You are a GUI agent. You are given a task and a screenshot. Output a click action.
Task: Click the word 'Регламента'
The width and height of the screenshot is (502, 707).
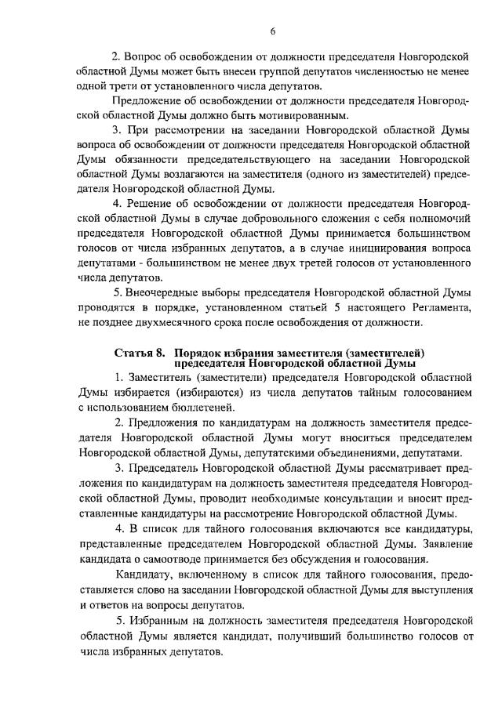[440, 306]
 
